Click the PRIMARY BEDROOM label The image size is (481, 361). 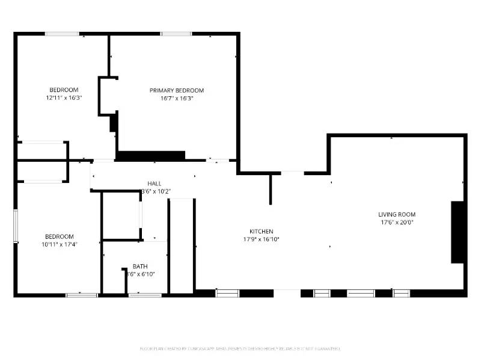(x=177, y=90)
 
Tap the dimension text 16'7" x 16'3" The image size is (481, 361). (x=177, y=98)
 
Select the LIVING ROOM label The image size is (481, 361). (x=396, y=214)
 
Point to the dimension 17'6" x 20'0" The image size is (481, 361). (x=396, y=222)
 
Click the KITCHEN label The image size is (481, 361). (x=262, y=231)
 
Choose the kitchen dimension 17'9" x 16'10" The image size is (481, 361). (x=262, y=239)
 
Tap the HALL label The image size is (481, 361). (x=155, y=184)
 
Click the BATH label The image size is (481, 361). (x=140, y=267)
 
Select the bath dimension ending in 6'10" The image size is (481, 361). (x=140, y=274)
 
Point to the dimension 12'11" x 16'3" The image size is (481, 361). (x=64, y=97)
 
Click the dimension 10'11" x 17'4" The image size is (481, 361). (x=60, y=244)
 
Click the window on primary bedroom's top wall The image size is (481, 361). (x=176, y=34)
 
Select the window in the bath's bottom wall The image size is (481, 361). (x=145, y=295)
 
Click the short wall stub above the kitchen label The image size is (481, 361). (x=271, y=189)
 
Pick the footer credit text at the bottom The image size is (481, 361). (x=240, y=348)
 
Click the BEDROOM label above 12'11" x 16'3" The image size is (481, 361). (x=64, y=90)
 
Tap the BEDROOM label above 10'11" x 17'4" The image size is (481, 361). (x=60, y=236)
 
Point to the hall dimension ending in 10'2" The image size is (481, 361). (x=155, y=191)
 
